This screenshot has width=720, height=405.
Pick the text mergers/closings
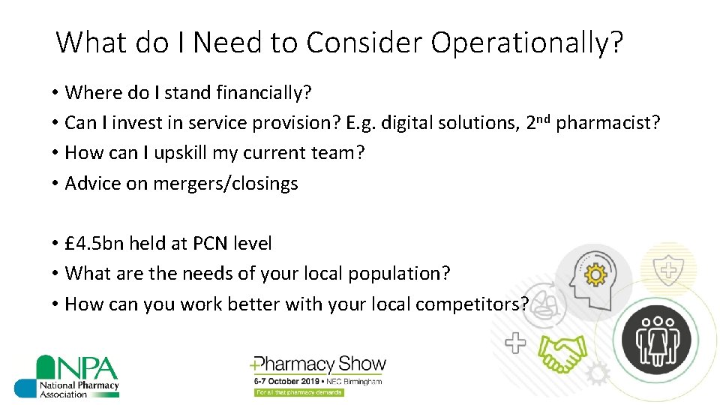coord(225,184)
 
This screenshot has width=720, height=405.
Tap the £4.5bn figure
coord(95,244)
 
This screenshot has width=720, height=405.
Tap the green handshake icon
coord(564,352)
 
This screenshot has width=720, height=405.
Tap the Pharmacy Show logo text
coord(319,365)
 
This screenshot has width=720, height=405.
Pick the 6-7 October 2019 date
coord(284,382)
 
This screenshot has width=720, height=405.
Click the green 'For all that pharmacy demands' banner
coord(298,392)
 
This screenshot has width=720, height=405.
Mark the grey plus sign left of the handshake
coord(515,344)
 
